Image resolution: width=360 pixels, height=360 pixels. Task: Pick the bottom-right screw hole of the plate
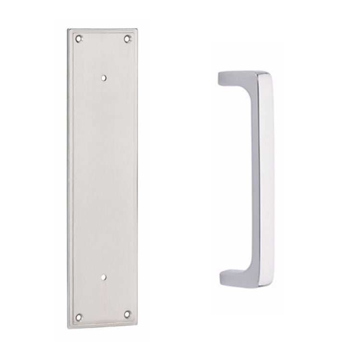tap(127, 314)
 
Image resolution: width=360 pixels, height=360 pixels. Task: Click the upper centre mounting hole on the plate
tap(104, 76)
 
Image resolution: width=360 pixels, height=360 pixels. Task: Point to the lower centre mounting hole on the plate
tap(104, 277)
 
